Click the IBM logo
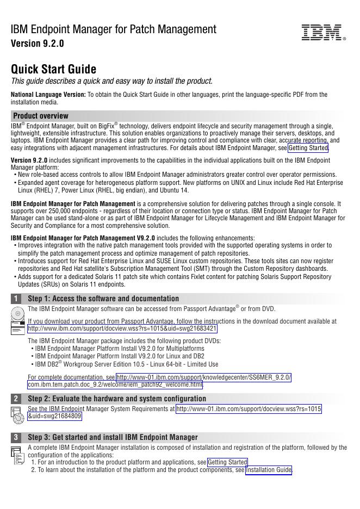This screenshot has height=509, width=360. tap(323, 33)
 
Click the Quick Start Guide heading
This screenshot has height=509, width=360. tap(54, 70)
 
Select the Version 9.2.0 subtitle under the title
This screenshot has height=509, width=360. tap(38, 44)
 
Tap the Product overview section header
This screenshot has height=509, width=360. tap(41, 116)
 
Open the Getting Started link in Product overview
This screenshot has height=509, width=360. tap(308, 148)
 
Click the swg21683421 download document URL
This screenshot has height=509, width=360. tap(122, 329)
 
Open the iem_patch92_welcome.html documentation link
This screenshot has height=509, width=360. tap(115, 385)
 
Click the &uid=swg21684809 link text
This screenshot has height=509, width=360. tap(54, 417)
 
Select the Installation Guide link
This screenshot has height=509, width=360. tap(269, 470)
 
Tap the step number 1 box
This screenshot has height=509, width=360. tap(17, 299)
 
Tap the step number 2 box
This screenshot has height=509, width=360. tap(17, 399)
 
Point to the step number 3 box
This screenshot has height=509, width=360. tap(17, 437)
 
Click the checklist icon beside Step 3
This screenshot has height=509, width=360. tap(17, 455)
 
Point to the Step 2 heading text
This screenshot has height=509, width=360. tap(116, 399)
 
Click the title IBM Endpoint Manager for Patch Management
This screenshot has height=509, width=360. tap(114, 29)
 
